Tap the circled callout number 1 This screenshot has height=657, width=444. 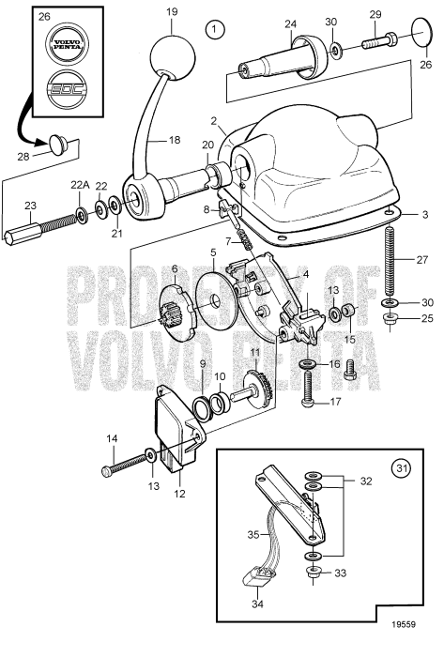(x=218, y=30)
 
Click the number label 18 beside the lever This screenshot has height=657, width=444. (x=173, y=140)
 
